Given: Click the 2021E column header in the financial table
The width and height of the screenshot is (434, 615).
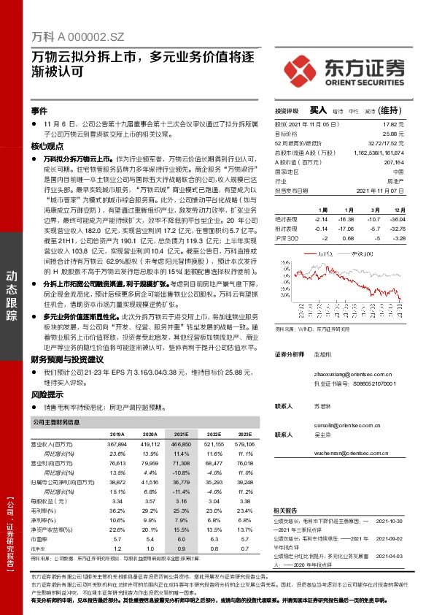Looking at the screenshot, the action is pos(179,434).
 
